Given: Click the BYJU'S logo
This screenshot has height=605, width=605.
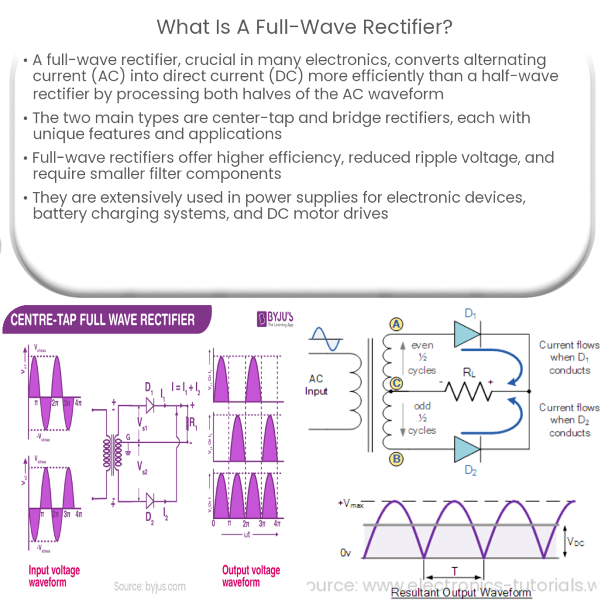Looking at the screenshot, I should pos(275,320).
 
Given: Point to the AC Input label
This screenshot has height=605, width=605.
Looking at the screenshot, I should pos(316,385).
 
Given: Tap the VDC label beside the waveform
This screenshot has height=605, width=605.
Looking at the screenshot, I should pos(575,541).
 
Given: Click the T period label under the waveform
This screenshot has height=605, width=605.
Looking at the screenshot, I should pos(454,571).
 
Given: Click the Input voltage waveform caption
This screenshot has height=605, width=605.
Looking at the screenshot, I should pos(54,576).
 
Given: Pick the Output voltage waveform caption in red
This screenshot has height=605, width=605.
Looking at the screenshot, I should pos(251,576).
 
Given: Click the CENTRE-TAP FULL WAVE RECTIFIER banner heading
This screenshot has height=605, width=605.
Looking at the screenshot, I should pos(99,320).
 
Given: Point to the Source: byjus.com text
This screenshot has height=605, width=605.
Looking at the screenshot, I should pos(149,587).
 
